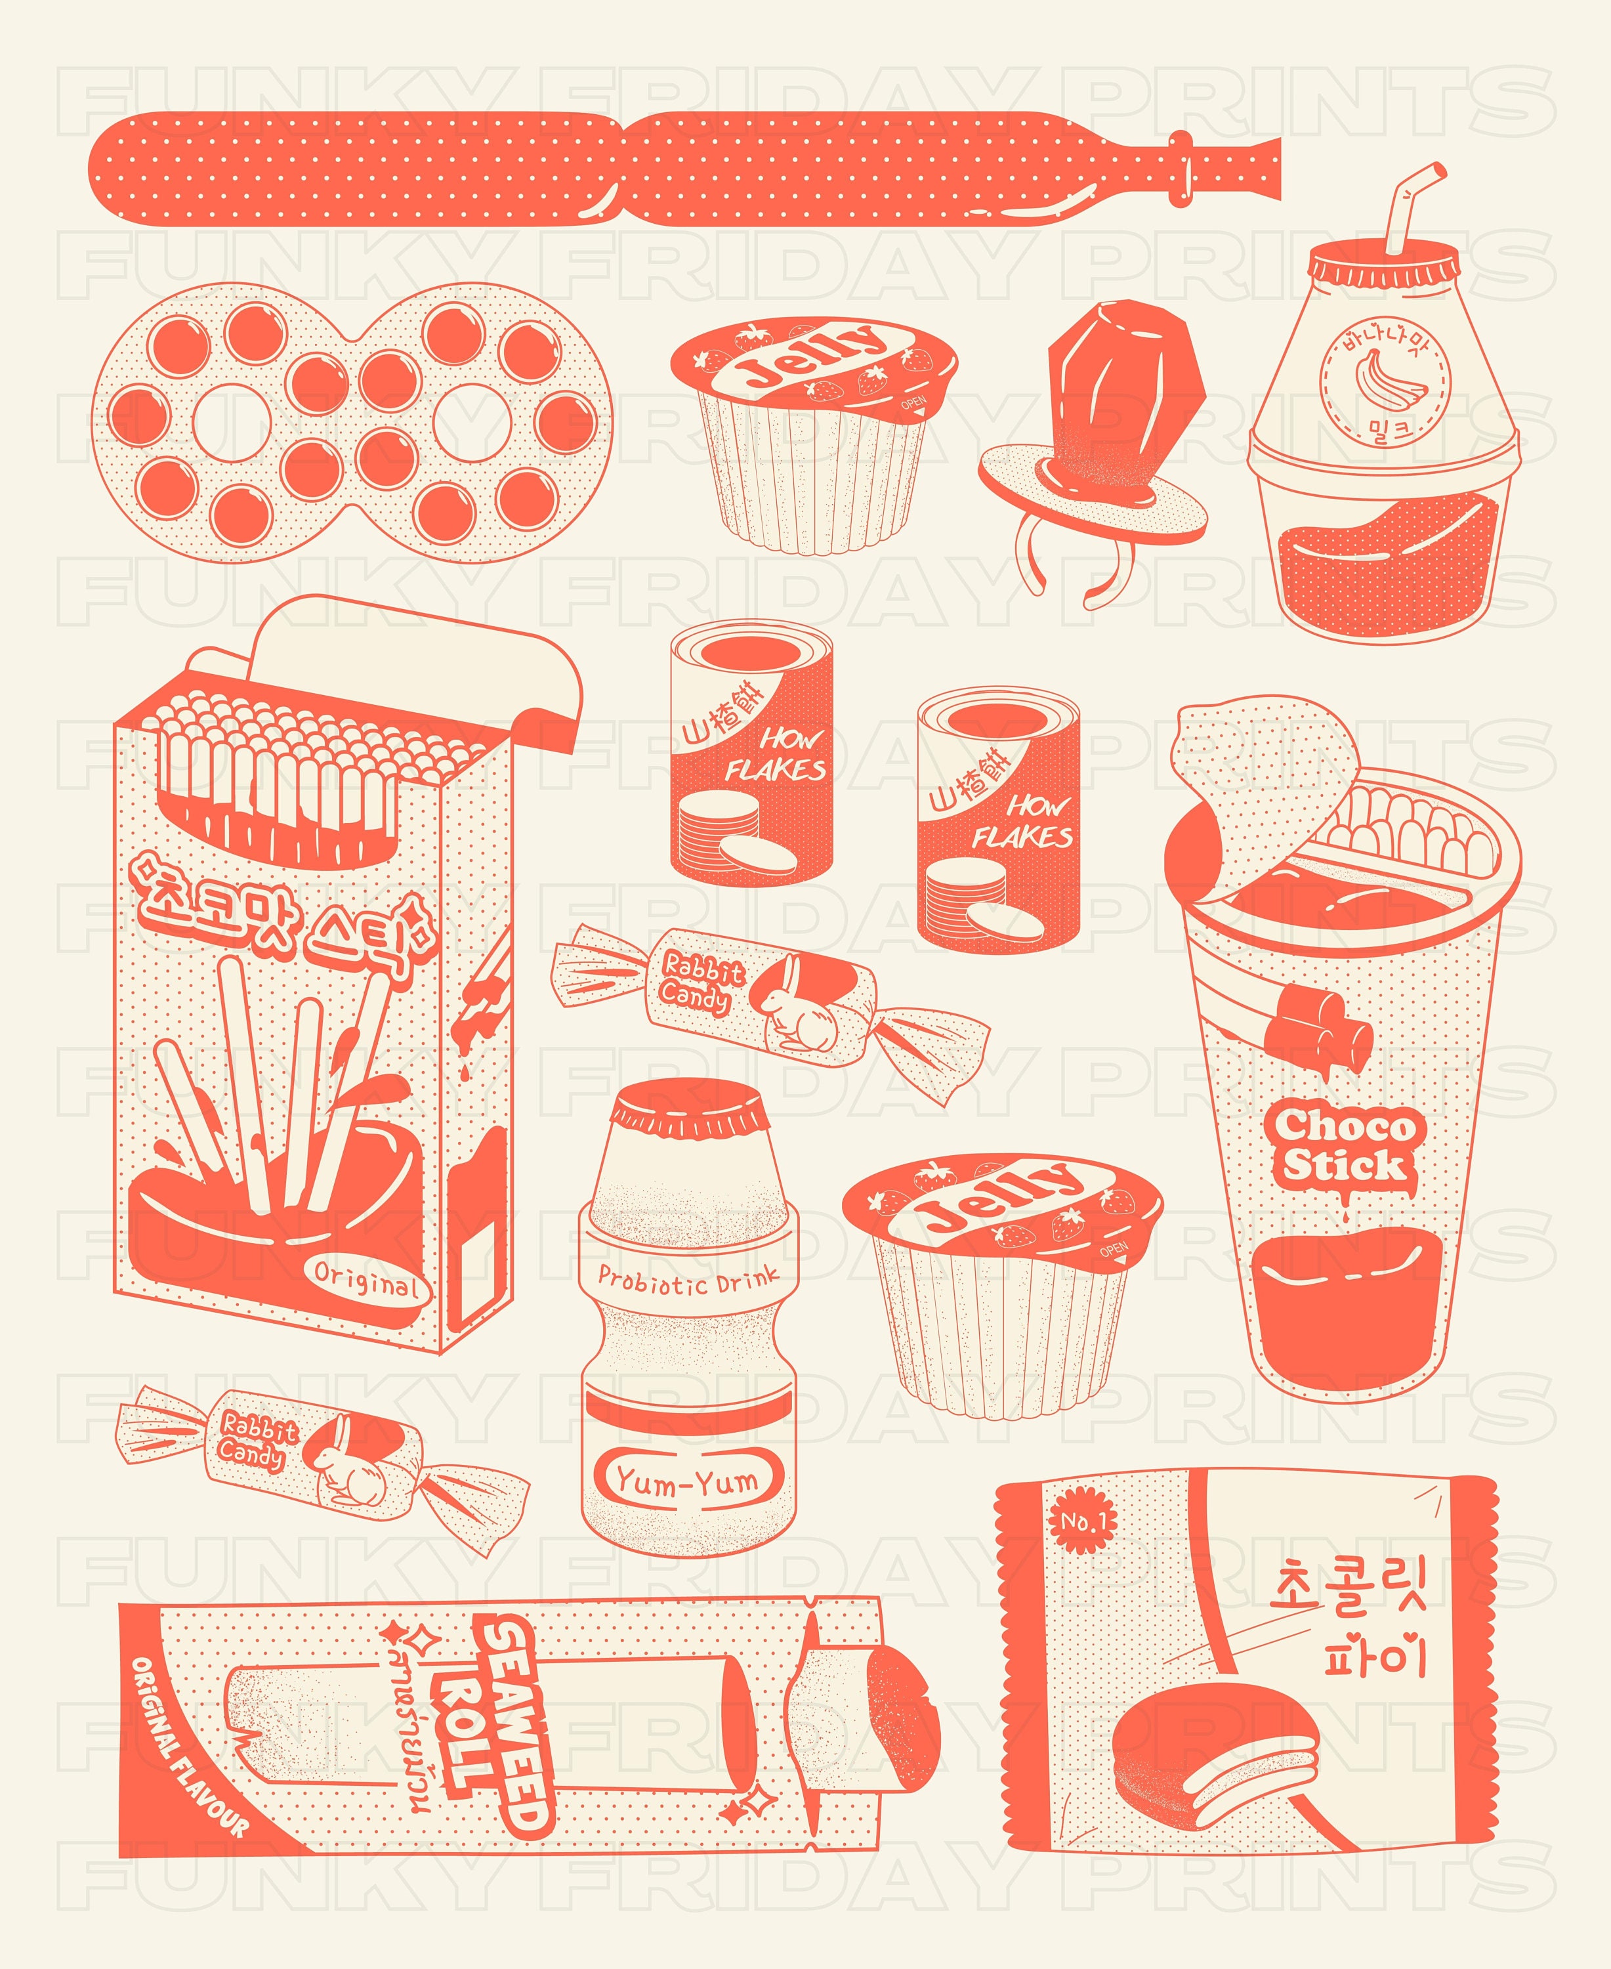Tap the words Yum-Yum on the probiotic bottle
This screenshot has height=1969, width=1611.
point(688,1481)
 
